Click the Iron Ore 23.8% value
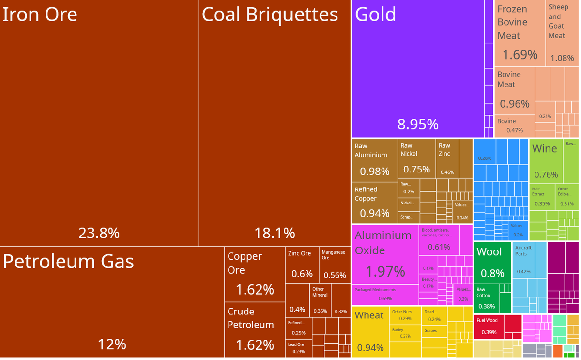99,233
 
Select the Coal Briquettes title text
270,15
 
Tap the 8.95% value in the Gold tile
417,124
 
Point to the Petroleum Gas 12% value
112,344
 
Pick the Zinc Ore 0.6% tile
302,265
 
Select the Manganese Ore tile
335,265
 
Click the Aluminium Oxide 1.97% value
385,271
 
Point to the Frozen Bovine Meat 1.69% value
520,55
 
